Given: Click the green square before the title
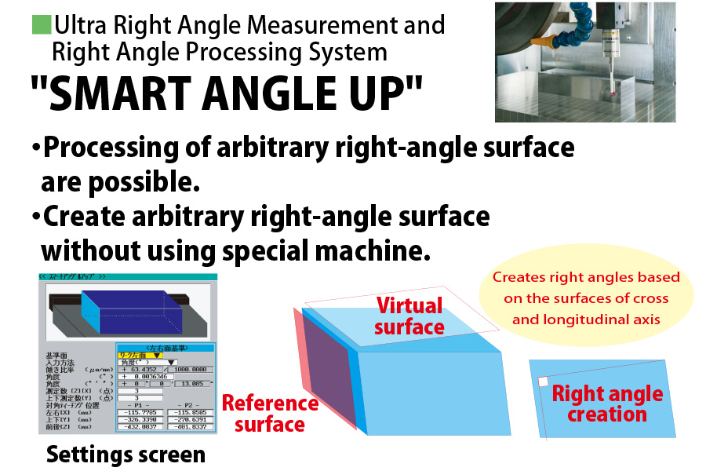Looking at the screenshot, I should [40, 24].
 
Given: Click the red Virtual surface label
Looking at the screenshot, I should [409, 316].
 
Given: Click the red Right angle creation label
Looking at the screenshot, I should [607, 403].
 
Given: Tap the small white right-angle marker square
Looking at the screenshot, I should [542, 382].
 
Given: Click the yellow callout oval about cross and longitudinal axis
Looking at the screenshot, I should [586, 298].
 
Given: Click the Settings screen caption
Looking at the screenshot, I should [126, 454].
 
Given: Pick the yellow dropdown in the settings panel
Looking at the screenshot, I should [138, 355].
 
